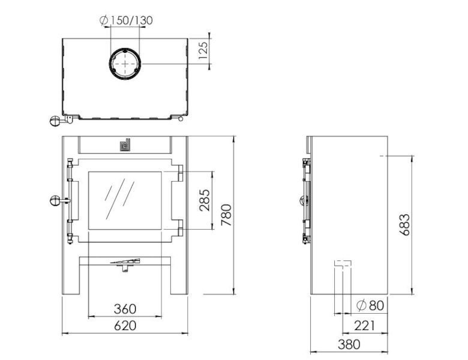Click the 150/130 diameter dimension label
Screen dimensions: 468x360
pos(126,20)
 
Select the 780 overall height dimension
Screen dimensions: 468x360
pos(226,215)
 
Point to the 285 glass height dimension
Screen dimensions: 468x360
pos(205,200)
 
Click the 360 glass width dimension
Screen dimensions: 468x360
pos(125,308)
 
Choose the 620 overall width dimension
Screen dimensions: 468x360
pos(125,326)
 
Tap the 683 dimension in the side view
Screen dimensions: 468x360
pos(405,224)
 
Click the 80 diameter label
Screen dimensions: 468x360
pos(370,305)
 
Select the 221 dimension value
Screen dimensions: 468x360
pos(364,326)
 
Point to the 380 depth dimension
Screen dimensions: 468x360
pos(349,344)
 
